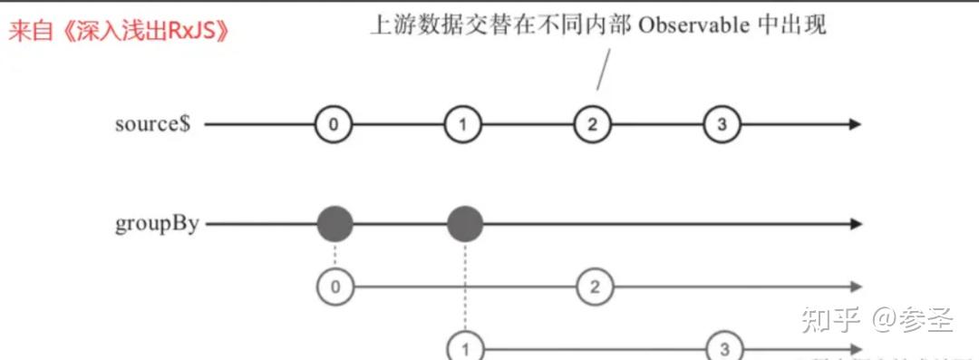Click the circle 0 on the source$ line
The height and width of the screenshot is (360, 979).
coord(334,124)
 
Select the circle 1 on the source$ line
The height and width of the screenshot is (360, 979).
coord(462,124)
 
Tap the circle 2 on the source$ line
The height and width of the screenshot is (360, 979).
coord(593,124)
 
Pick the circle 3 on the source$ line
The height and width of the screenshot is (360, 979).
coord(722,124)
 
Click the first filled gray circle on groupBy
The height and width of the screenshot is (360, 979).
coord(335,224)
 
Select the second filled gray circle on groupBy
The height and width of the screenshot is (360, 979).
coord(465,224)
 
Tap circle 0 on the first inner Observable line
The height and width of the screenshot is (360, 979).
coord(336,287)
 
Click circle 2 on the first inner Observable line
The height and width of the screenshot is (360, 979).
coord(595,287)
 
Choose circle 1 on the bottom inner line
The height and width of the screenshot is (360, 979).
coord(465,349)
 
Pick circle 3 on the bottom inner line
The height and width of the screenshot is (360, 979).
coord(724,349)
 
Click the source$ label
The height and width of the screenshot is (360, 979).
coord(152,124)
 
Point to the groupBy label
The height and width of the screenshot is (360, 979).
coord(157,225)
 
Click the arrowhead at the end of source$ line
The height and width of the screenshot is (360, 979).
coord(855,124)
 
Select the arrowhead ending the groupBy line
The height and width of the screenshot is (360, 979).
coord(855,224)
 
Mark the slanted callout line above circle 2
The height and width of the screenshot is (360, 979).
coord(603,70)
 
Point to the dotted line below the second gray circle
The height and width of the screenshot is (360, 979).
coord(465,287)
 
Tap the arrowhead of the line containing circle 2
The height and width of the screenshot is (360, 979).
coord(855,287)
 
